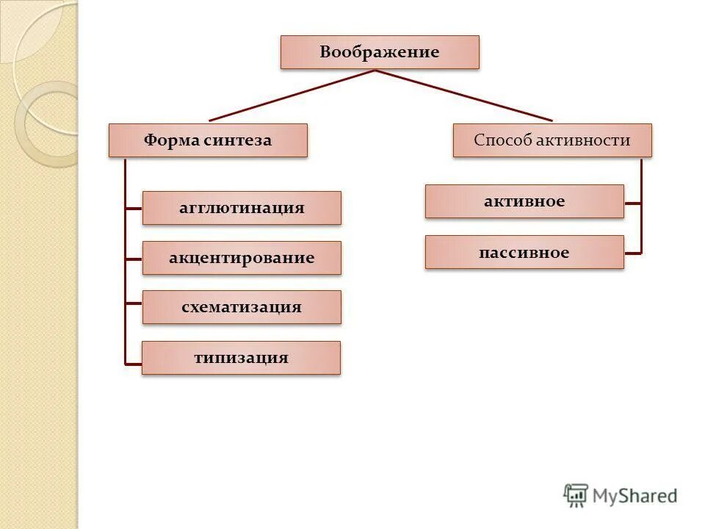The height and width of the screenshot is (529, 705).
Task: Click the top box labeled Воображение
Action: tap(380, 52)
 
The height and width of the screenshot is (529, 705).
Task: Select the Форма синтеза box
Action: tap(208, 140)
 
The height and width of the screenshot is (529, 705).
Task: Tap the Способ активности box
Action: tap(552, 140)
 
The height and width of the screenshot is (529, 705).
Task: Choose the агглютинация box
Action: tap(242, 208)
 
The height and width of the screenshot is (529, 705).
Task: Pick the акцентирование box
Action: tap(242, 258)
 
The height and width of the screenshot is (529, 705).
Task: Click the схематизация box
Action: tap(242, 307)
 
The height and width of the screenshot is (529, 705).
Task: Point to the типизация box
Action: tap(241, 358)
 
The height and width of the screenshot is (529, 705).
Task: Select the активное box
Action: tap(524, 201)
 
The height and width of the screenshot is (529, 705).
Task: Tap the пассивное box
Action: tap(524, 252)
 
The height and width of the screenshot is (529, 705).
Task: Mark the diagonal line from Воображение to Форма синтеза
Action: tap(292, 96)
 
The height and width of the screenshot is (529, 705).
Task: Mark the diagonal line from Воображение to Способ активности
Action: tap(464, 96)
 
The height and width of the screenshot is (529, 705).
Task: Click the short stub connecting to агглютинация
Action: tap(134, 209)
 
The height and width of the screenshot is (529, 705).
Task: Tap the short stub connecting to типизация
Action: tap(133, 362)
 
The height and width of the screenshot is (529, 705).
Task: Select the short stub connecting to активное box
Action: tap(632, 202)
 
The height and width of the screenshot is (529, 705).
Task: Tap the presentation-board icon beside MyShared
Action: tap(576, 495)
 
